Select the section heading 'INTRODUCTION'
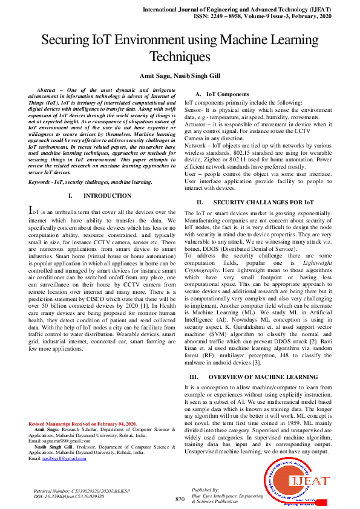coord(106,196)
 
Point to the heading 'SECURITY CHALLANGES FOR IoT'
coord(255,201)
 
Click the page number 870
coord(180,499)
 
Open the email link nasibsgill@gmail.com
coord(59,458)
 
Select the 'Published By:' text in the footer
coord(205,490)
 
